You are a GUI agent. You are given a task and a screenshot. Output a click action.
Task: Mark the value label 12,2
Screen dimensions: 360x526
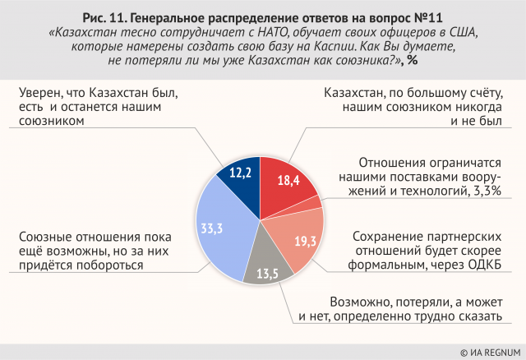point(239,173)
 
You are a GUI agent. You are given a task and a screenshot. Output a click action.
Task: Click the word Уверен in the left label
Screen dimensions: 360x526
point(39,93)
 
